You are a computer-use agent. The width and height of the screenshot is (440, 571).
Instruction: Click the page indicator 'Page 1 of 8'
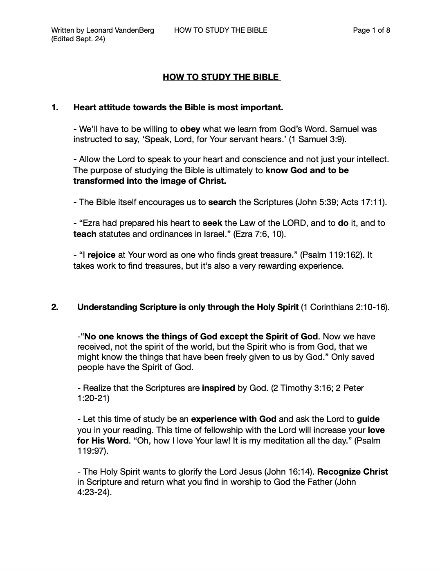point(371,30)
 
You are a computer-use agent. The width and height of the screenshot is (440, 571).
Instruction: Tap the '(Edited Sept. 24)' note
point(78,39)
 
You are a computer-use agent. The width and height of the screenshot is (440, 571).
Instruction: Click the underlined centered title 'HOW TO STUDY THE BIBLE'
point(221,77)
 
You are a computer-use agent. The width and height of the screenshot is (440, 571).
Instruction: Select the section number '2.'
point(55,307)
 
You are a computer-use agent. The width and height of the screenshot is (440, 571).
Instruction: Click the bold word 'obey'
point(190,129)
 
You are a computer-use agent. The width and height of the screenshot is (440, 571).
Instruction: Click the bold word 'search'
point(222,202)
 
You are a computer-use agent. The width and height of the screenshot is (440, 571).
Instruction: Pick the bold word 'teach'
point(85,234)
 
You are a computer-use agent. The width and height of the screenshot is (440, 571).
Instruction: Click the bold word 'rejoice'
point(101,255)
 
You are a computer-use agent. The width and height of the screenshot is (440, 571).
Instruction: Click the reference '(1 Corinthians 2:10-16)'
point(345,307)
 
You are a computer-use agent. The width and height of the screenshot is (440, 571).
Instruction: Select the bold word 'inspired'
point(218,388)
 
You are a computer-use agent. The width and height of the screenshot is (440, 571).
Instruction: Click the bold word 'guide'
point(368,419)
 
